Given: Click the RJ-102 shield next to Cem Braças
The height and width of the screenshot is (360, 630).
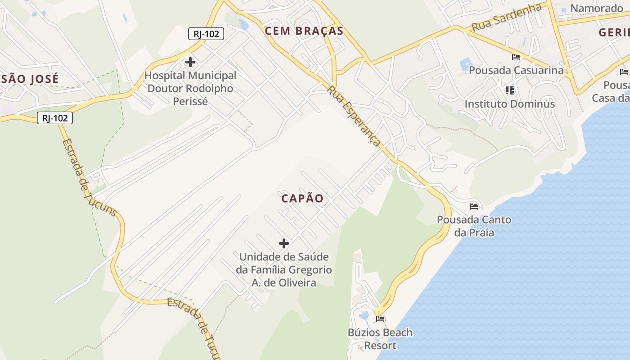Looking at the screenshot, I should pos(206,34).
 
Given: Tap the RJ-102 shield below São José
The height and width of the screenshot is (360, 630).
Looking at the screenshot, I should pos(55,118).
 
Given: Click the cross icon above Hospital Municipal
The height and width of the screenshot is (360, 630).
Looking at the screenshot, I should pos(190,62).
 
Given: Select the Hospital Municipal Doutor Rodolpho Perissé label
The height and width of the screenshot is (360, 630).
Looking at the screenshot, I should pos(190,88).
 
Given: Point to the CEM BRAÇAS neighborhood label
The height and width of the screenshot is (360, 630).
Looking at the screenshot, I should pos(304,31).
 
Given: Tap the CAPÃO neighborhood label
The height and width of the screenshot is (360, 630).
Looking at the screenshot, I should pos(302,198).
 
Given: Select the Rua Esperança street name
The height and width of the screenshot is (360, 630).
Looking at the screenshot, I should pos(355,116).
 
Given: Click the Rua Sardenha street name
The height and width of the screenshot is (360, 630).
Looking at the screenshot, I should pos(506,17).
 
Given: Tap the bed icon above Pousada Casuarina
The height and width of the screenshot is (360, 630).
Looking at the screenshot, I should pos(516,57).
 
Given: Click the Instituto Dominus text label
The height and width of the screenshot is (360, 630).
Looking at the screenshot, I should pos(509,104).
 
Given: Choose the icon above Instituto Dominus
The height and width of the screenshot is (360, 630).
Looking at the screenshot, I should pos(509,90).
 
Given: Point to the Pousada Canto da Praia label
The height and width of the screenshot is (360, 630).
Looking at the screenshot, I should pos(474,226).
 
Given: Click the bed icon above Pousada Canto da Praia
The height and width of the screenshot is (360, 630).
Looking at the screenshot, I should pos(474,207).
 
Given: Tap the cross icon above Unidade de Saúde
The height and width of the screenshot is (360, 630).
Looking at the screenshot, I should pos(284,243).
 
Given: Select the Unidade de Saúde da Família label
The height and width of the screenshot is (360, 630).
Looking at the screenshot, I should pos(284,270).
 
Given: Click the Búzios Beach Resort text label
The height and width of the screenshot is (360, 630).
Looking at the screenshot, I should pos(380,339).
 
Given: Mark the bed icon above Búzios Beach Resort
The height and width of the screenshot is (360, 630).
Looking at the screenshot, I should pos(381,319).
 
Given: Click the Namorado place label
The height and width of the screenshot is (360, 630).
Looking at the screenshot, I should pos(596,8).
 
